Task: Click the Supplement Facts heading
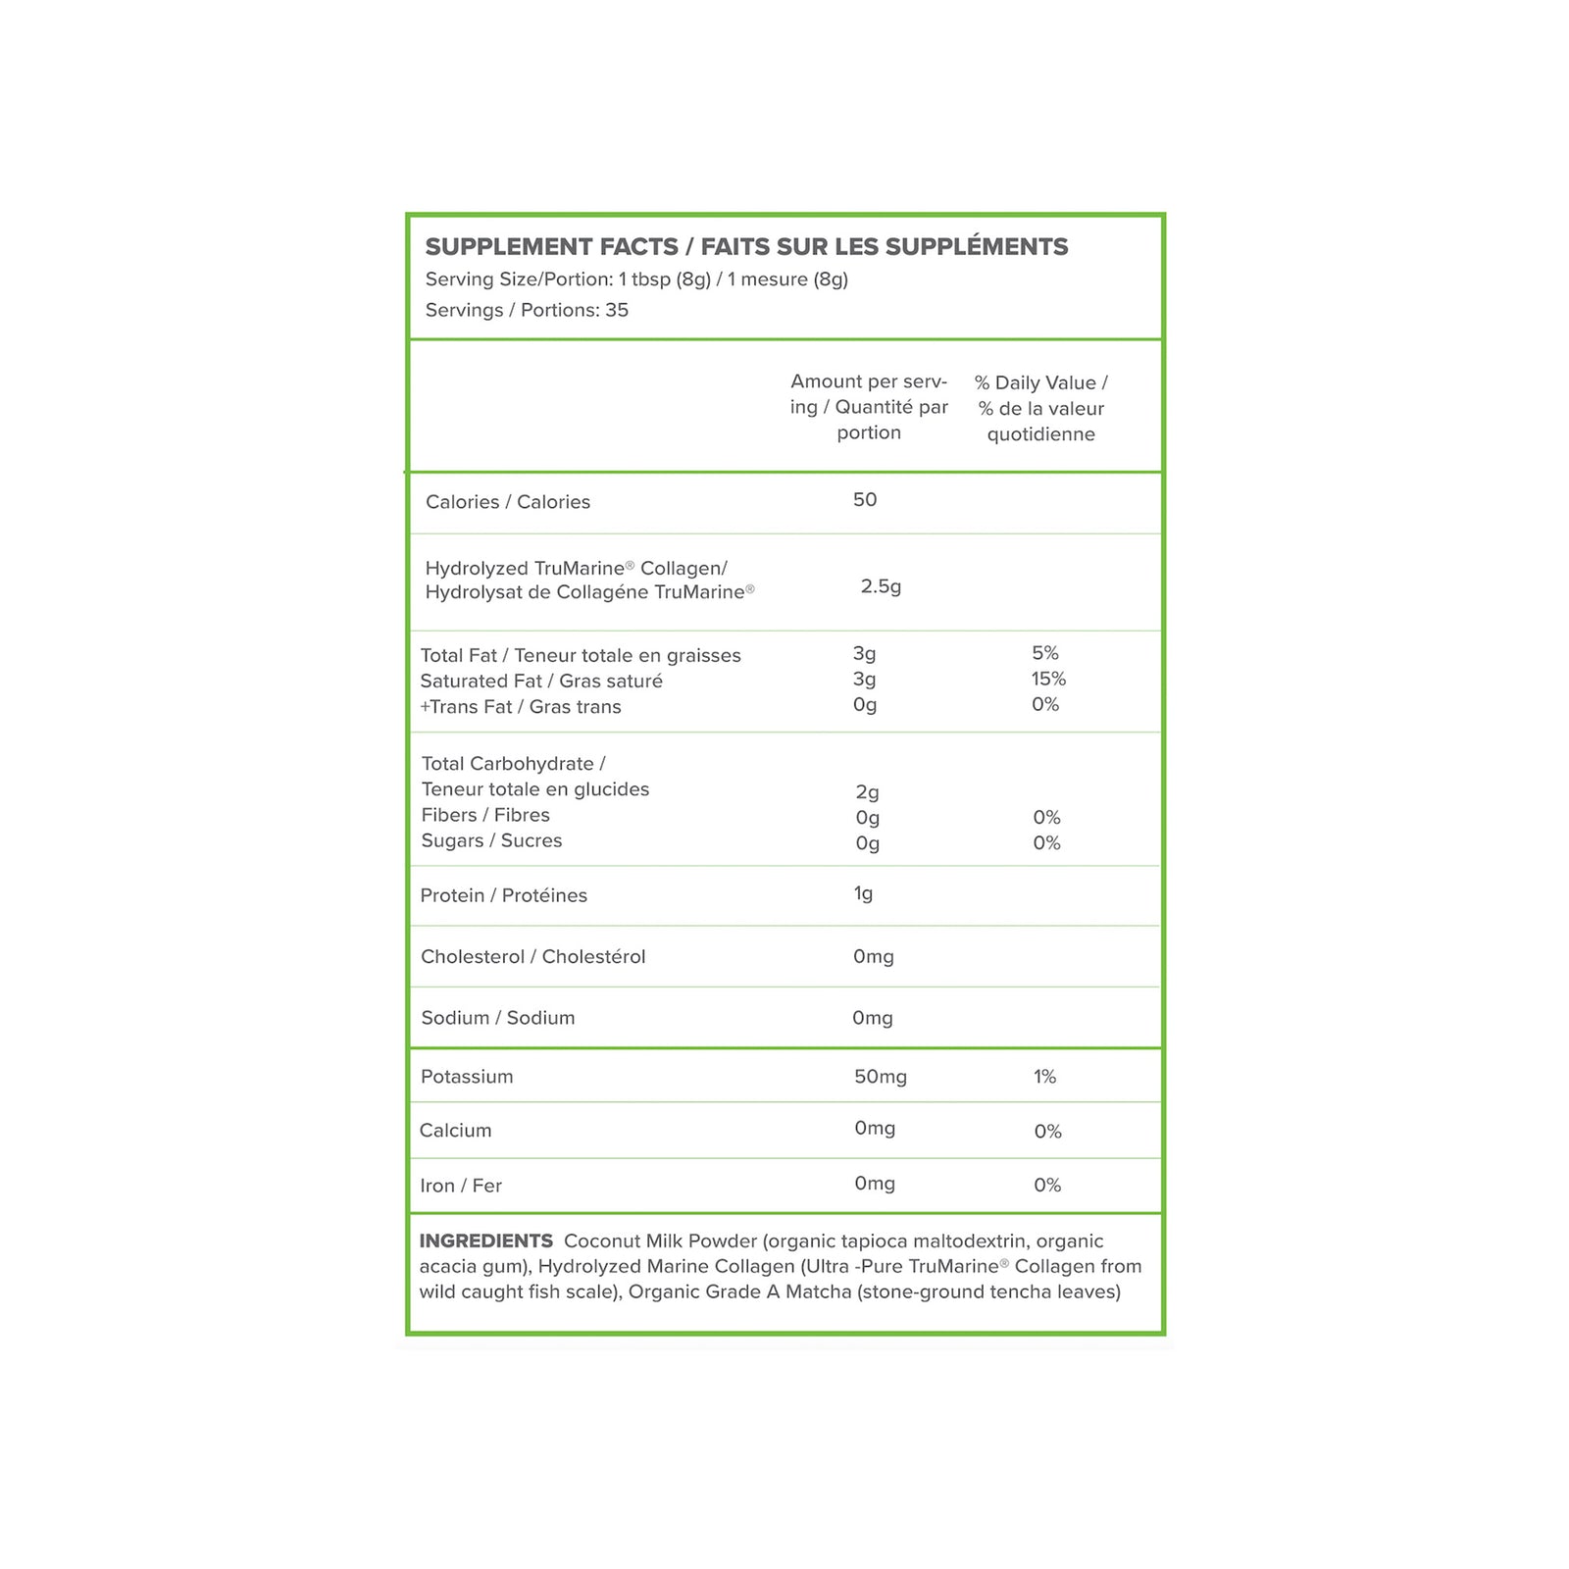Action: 746,246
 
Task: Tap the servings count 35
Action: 617,310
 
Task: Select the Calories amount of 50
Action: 865,500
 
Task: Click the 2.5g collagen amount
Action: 881,586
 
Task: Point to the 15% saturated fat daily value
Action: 1048,679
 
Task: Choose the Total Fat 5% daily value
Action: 1045,653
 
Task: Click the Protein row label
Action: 503,895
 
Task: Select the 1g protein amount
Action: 863,893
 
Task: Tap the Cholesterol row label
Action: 532,957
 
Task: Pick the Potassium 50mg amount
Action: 880,1077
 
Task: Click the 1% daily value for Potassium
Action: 1044,1077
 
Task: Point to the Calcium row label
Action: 455,1131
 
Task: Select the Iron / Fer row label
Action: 461,1186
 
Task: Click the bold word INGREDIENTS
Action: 485,1241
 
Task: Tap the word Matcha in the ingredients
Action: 818,1292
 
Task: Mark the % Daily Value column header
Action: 1040,408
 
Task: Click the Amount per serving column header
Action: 869,407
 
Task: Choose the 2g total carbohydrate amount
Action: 867,791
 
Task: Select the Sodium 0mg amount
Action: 872,1018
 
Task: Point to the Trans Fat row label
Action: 521,707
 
